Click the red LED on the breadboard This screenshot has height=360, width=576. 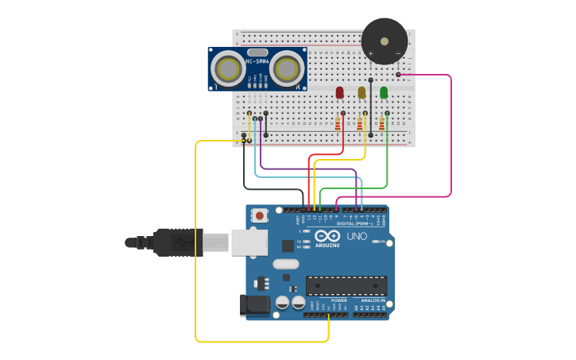pyautogui.click(x=339, y=93)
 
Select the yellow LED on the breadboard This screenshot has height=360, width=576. pyautogui.click(x=361, y=93)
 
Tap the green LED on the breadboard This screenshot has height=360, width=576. pyautogui.click(x=384, y=93)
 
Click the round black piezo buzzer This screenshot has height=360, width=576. pyautogui.click(x=385, y=41)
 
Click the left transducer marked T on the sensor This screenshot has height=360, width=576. pyautogui.click(x=228, y=69)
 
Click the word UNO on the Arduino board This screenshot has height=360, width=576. pyautogui.click(x=357, y=237)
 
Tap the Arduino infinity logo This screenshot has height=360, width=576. pyautogui.click(x=327, y=236)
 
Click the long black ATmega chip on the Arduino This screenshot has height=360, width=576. pyautogui.click(x=346, y=285)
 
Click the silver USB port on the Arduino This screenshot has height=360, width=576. pyautogui.click(x=249, y=242)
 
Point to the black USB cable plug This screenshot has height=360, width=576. pyautogui.click(x=179, y=242)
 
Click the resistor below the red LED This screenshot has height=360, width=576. pyautogui.click(x=337, y=123)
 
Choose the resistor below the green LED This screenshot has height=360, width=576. pyautogui.click(x=381, y=123)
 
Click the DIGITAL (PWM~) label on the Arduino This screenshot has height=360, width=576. pyautogui.click(x=354, y=223)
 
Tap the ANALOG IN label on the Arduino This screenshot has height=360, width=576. pyautogui.click(x=373, y=300)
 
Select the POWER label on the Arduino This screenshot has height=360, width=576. pyautogui.click(x=327, y=300)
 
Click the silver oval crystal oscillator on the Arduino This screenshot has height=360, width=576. pyautogui.click(x=285, y=264)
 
